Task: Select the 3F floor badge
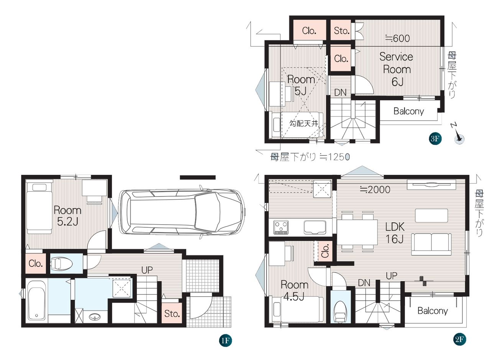click(435, 138)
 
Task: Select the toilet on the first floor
click(61, 263)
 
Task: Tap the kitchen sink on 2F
click(315, 227)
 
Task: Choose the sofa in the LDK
click(431, 244)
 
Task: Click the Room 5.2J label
click(67, 216)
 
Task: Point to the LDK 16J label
click(395, 233)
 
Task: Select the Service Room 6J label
click(397, 69)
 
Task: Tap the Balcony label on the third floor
click(409, 112)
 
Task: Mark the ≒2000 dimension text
click(375, 189)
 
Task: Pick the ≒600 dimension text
click(397, 38)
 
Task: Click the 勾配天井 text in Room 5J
click(304, 123)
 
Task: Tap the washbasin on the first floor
click(95, 317)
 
